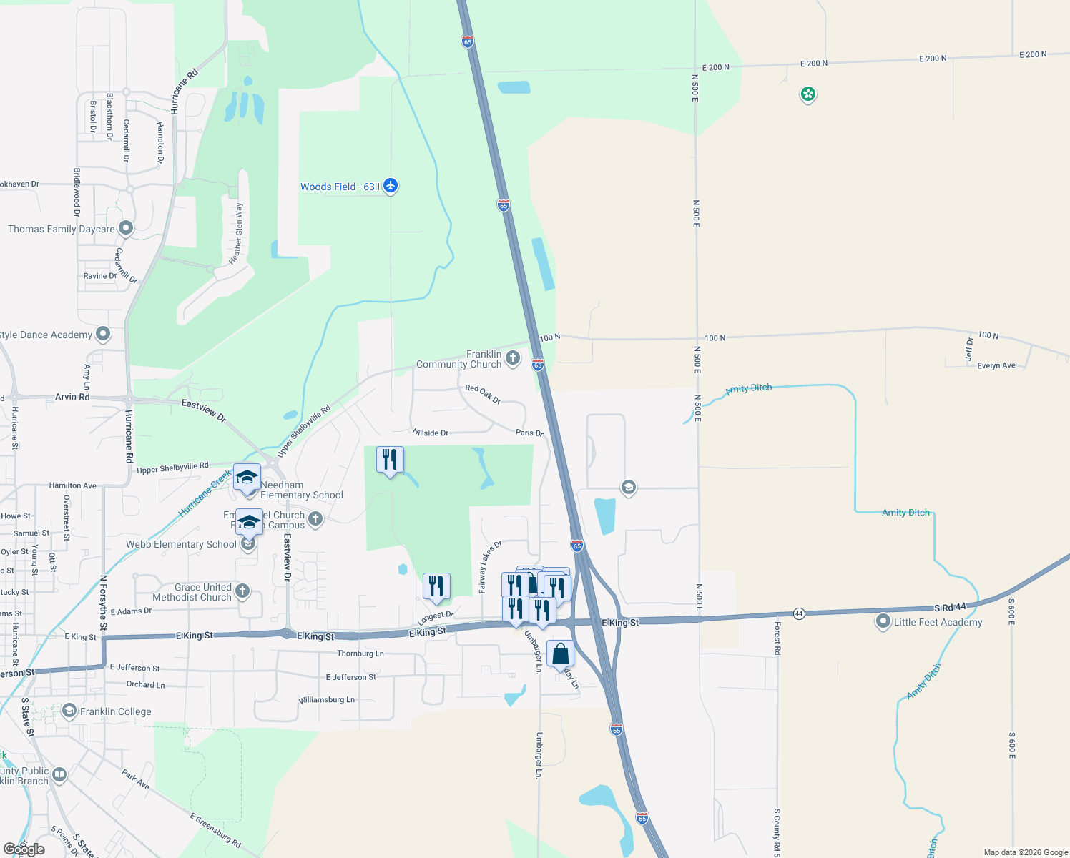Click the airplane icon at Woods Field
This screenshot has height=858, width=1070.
pos(391,186)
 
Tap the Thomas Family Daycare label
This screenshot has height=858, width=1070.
pos(62,229)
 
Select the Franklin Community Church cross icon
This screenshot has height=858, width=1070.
pos(513,358)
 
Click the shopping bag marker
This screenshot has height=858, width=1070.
pos(560,654)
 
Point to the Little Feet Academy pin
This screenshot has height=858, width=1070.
pos(883,622)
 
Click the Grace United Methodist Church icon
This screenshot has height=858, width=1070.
pos(243,591)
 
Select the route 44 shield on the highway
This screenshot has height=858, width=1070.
pos(799,613)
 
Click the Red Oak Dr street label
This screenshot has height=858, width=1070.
pos(483,393)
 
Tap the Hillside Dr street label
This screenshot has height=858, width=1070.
pos(431,433)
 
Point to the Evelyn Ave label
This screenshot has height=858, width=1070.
pos(996,365)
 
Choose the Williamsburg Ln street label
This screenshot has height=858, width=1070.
pos(327,700)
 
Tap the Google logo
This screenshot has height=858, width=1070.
pos(24,849)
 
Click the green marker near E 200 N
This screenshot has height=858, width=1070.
pos(808,94)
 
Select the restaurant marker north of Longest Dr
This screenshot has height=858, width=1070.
pos(436,586)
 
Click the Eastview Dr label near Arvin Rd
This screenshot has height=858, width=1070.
pos(204,410)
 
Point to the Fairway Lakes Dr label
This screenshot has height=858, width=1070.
pos(490,567)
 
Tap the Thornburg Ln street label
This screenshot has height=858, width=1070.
pos(360,654)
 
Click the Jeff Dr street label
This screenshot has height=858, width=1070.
pos(969,348)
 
